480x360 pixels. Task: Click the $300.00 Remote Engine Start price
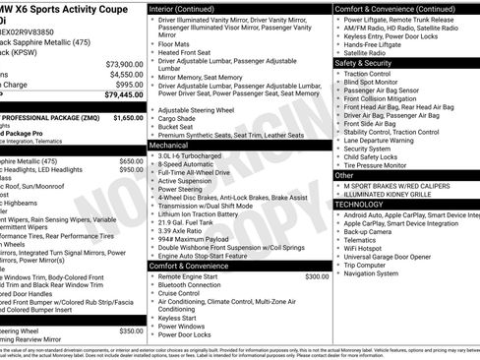coord(317,276)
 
